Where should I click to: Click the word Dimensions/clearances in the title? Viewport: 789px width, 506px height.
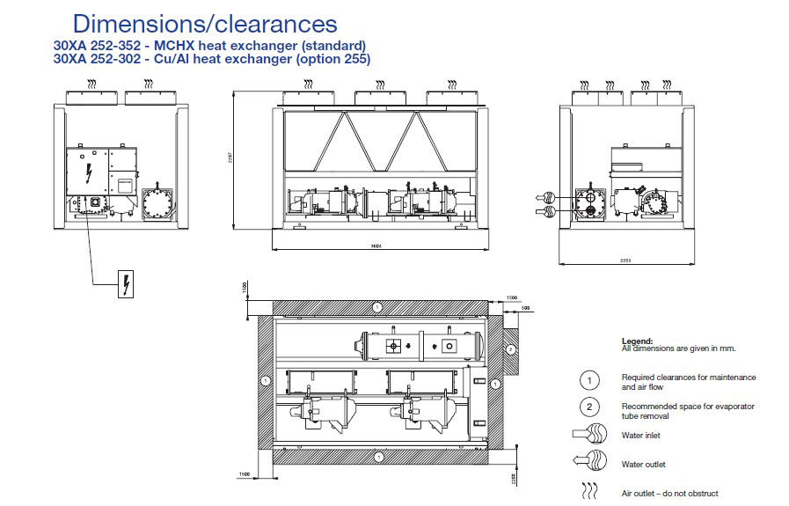(204, 23)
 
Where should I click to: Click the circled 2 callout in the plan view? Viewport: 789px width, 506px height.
(509, 349)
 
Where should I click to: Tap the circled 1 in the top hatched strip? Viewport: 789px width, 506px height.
(376, 307)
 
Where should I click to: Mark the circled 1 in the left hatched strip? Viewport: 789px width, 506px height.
(265, 382)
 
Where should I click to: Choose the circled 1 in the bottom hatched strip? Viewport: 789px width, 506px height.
(376, 457)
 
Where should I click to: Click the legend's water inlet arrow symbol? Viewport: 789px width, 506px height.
(590, 435)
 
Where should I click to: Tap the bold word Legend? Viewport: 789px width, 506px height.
(637, 341)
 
